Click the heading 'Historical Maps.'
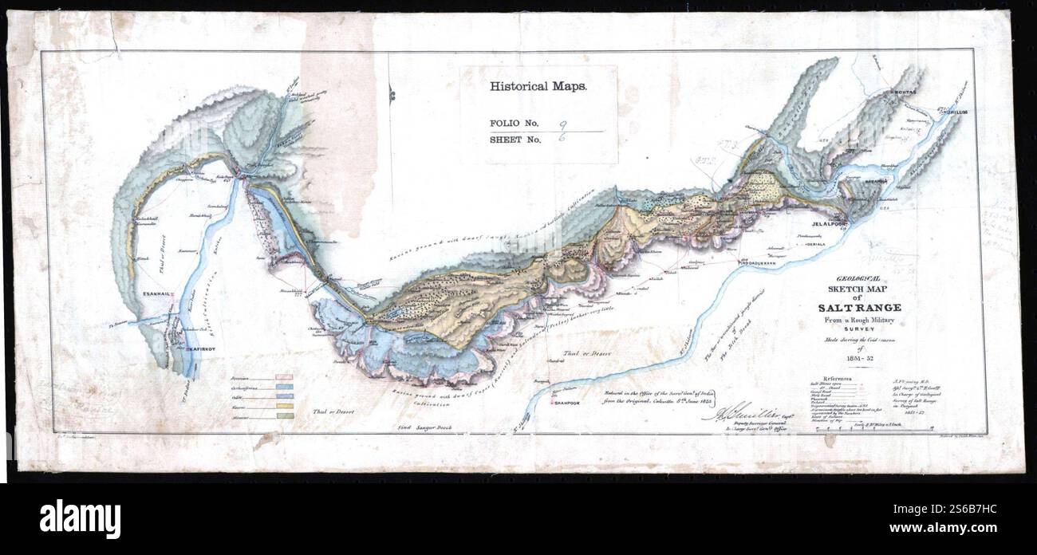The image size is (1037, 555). [x=538, y=87]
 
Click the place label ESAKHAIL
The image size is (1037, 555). [x=156, y=295]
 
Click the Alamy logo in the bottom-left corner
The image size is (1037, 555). [x=80, y=519]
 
